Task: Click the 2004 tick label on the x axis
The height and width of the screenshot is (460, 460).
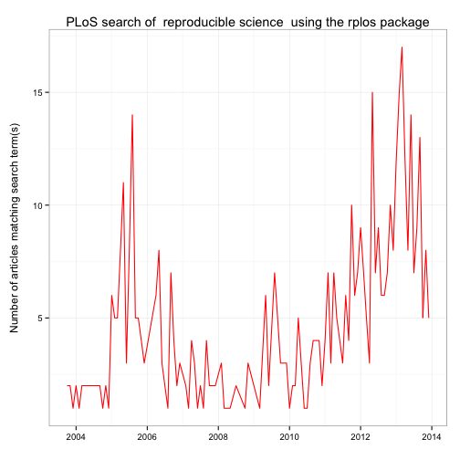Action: (x=76, y=437)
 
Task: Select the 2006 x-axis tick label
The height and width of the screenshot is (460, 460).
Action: (x=147, y=437)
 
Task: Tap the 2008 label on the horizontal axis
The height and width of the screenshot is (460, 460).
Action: (x=218, y=437)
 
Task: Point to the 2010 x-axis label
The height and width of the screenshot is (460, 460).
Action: (x=289, y=437)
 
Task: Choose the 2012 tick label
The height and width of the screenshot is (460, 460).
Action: (x=361, y=437)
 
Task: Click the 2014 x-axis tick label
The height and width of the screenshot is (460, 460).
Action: (x=432, y=437)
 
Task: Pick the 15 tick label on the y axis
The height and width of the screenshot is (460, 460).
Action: (x=37, y=92)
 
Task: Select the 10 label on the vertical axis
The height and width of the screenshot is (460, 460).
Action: (x=37, y=205)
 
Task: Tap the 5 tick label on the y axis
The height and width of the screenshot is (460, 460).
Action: (x=40, y=319)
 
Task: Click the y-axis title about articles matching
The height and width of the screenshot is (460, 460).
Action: (x=15, y=227)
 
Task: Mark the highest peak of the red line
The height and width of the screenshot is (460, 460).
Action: (x=402, y=47)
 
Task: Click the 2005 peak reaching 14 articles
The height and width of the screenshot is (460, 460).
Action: (x=132, y=115)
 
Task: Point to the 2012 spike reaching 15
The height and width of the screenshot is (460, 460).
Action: (x=372, y=92)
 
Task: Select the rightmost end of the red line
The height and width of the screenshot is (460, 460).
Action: (x=429, y=318)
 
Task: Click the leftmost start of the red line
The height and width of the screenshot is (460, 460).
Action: (x=68, y=386)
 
